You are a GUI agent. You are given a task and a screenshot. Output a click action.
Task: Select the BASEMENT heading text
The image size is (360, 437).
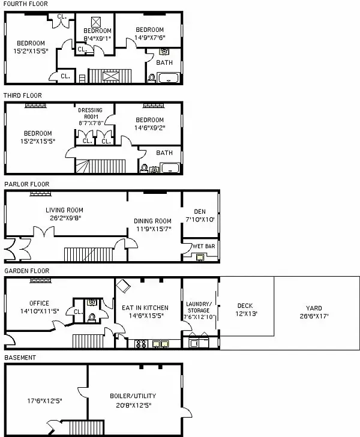pos(20,358)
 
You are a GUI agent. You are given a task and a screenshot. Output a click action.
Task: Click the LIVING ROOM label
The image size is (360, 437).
pos(64,210)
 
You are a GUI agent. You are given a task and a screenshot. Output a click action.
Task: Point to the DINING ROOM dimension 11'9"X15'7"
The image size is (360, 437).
pos(152,229)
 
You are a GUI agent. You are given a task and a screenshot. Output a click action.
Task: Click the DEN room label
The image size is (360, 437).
pos(200,211)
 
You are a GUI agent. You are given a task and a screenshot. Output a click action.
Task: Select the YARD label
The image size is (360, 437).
pos(316,307)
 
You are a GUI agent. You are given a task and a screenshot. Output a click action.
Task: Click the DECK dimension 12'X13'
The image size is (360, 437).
pos(245,314)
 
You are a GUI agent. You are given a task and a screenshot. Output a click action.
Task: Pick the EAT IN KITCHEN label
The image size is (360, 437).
pos(145,307)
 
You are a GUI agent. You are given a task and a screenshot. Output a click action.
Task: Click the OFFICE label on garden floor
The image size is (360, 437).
pos(39,303)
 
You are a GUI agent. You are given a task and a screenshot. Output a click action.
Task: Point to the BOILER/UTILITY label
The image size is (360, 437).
pos(131,396)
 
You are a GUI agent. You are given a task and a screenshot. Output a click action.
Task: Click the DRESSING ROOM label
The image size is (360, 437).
pos(91,113)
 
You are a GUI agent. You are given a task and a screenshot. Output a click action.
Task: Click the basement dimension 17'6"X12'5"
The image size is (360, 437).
pos(44,400)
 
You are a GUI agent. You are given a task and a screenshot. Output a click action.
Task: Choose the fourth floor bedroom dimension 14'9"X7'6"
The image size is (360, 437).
pos(149,38)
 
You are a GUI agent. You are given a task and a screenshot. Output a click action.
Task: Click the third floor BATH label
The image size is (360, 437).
pos(164,153)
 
